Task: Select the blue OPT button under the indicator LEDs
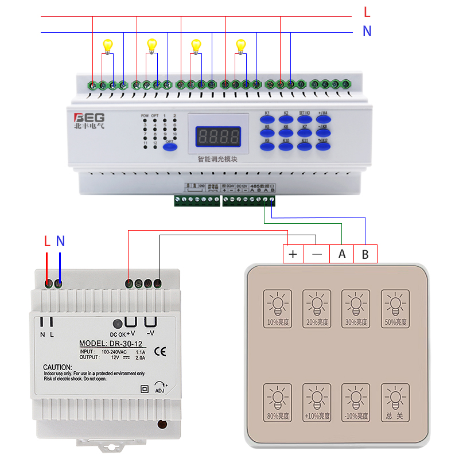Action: (169, 147)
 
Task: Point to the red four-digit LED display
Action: (218, 137)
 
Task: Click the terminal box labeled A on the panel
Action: (342, 254)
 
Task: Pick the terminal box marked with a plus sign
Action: (293, 254)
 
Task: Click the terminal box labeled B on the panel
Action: (365, 254)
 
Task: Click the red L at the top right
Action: (367, 11)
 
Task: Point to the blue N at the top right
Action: (367, 32)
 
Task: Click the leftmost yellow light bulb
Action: (107, 44)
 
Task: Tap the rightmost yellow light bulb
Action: (241, 44)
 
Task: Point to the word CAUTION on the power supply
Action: (57, 367)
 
